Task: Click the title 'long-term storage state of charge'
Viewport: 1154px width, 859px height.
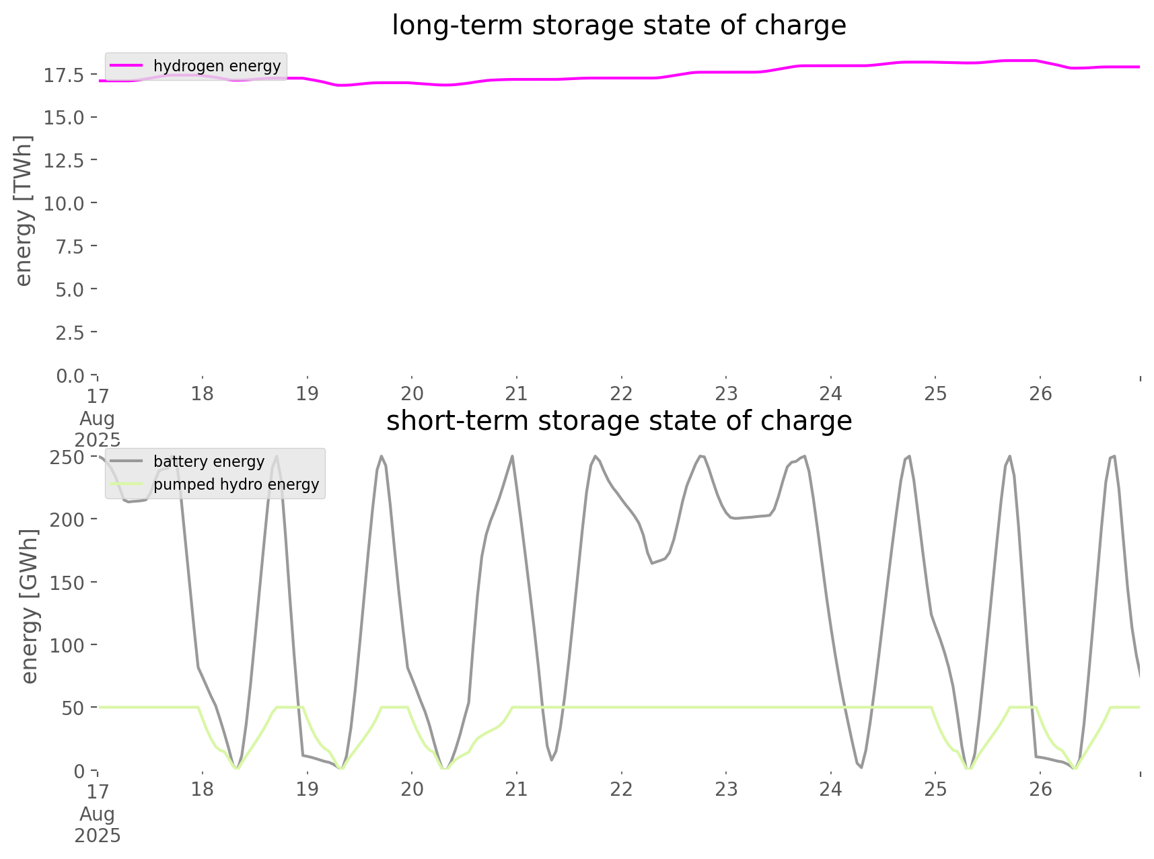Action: [x=618, y=26]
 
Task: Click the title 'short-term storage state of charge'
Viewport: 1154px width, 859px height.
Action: [x=618, y=421]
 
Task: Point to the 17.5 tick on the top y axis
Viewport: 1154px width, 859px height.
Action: [x=64, y=75]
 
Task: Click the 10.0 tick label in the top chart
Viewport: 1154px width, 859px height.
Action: [x=64, y=203]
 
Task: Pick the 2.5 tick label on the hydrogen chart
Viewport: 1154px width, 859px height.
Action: [x=69, y=332]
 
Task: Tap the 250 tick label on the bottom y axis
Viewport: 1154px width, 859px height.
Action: [x=67, y=457]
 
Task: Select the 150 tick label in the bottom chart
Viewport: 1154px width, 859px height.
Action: [x=67, y=583]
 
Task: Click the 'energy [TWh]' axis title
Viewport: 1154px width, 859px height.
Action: [x=24, y=211]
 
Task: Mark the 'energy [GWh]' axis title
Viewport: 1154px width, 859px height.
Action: [x=30, y=606]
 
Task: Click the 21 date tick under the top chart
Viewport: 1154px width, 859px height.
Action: [x=516, y=394]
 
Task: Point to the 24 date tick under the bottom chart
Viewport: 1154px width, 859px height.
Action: [x=830, y=790]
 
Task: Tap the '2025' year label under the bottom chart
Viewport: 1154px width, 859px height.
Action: [x=98, y=835]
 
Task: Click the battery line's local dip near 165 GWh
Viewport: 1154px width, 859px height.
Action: [x=651, y=563]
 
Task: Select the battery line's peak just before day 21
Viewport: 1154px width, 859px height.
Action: [x=513, y=457]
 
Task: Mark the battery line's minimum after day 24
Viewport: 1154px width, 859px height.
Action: [x=861, y=768]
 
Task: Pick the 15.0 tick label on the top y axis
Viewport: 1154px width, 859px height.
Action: [x=64, y=118]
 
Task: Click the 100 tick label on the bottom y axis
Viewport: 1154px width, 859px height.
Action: [x=67, y=645]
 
